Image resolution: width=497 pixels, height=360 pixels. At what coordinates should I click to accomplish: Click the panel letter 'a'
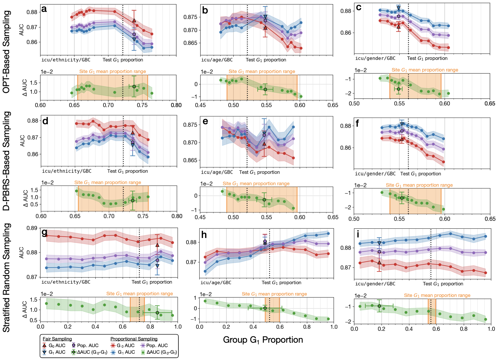[44, 9]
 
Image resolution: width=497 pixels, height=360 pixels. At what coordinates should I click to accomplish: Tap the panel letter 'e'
[205, 121]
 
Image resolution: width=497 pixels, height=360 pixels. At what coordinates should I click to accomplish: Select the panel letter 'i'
[358, 234]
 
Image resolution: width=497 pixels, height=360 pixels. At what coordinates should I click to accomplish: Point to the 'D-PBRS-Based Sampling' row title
[6, 161]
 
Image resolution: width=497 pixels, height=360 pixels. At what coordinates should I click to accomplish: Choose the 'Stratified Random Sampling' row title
[6, 278]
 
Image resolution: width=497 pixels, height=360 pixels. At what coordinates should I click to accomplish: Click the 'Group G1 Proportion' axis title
[263, 340]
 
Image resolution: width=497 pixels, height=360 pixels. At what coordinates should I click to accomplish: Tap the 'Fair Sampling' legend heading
[57, 339]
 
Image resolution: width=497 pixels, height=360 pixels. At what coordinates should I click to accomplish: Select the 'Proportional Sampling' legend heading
[134, 339]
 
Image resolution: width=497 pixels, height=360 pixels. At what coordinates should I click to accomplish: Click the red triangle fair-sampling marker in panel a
[134, 21]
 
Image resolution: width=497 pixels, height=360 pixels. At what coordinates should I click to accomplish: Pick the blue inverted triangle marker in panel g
[157, 266]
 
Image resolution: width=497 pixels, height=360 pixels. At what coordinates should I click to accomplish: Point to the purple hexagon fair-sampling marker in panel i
[379, 252]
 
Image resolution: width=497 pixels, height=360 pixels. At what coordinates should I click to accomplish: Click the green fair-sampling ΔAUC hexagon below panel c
[399, 89]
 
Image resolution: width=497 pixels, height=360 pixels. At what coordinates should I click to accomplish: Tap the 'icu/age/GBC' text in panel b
[217, 60]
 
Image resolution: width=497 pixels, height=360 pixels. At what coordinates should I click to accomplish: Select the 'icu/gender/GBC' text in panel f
[375, 174]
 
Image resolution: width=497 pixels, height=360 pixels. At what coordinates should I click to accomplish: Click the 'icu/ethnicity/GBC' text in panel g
[66, 282]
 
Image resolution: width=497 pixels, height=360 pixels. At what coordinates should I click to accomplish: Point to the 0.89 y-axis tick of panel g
[32, 228]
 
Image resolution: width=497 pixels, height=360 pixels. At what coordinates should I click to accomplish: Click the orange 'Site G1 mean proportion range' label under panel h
[274, 294]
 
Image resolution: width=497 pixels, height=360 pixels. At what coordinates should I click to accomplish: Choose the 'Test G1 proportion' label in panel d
[128, 171]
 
